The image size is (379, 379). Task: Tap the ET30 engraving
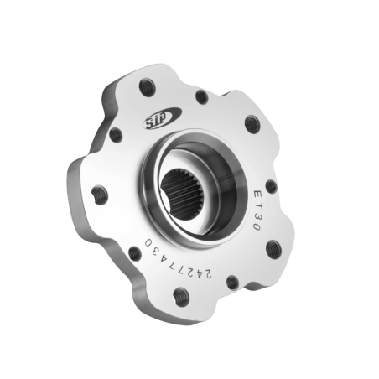click(x=257, y=210)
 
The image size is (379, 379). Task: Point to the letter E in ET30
click(x=258, y=195)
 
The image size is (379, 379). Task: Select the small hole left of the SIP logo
click(x=116, y=135)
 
